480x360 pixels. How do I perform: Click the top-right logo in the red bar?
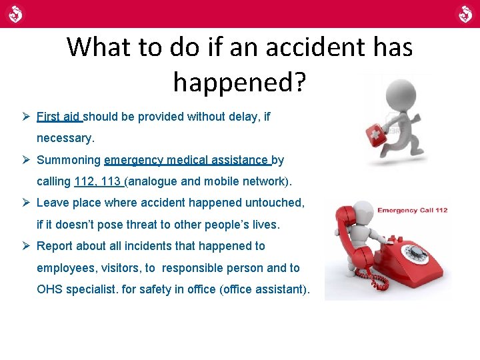click(465, 13)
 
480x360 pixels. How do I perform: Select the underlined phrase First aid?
click(58, 117)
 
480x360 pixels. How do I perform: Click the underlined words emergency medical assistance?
click(186, 160)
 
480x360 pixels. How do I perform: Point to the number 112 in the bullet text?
click(84, 181)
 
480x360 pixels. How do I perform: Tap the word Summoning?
click(69, 160)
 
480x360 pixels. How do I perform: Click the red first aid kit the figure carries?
click(378, 137)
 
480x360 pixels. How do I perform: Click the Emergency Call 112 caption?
click(412, 210)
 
